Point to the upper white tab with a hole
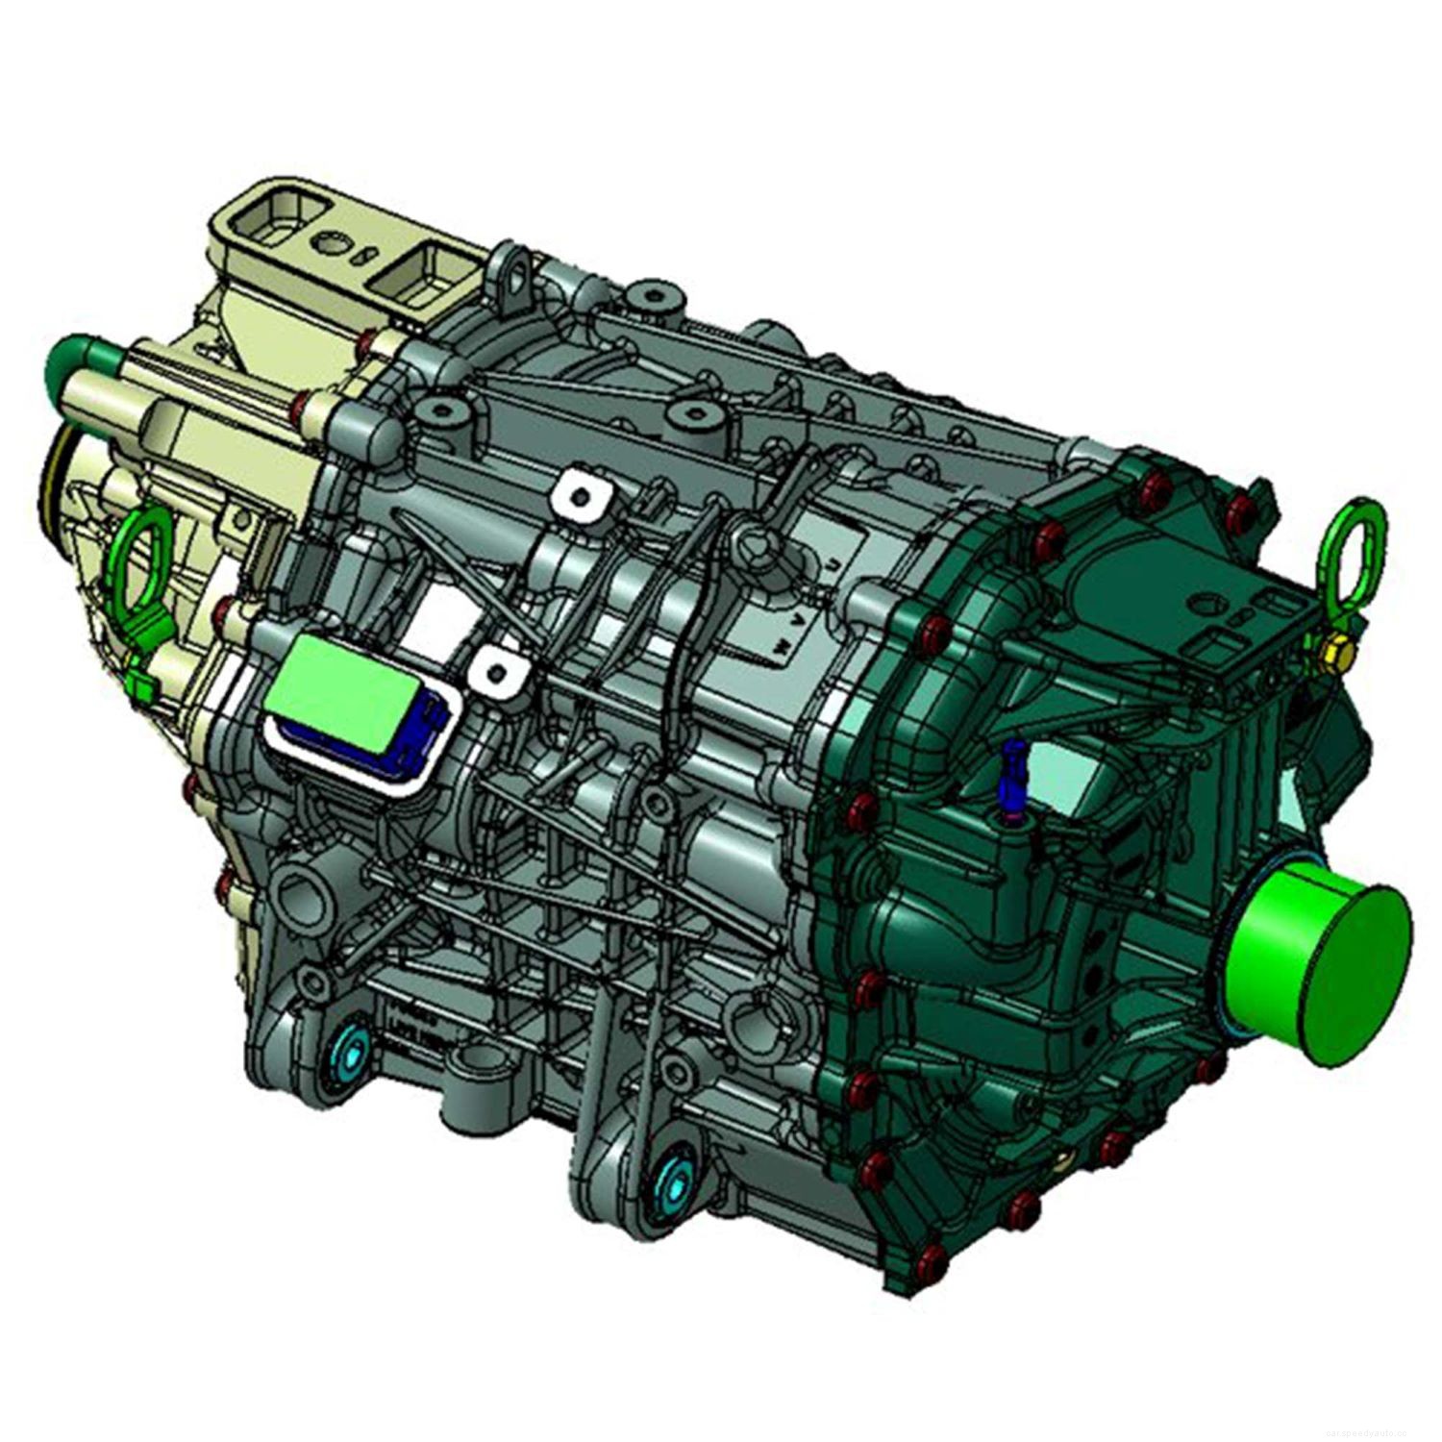pos(581,496)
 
